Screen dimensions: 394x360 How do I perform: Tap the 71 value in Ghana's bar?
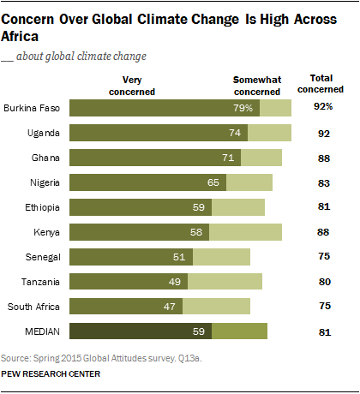(x=229, y=158)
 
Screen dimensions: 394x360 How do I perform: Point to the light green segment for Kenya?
(x=245, y=232)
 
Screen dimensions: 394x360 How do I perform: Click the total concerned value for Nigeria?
(x=324, y=182)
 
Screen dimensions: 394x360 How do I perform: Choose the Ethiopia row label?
(x=44, y=207)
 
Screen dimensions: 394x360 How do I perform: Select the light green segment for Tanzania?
(x=225, y=282)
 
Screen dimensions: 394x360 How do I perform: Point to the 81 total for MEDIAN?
(x=324, y=331)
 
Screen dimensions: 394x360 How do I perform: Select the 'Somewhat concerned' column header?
(x=257, y=83)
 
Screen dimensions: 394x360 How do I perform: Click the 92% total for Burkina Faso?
(x=324, y=108)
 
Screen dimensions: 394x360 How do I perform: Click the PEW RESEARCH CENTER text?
(x=51, y=374)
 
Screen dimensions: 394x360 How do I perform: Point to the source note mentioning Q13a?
(x=89, y=356)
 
